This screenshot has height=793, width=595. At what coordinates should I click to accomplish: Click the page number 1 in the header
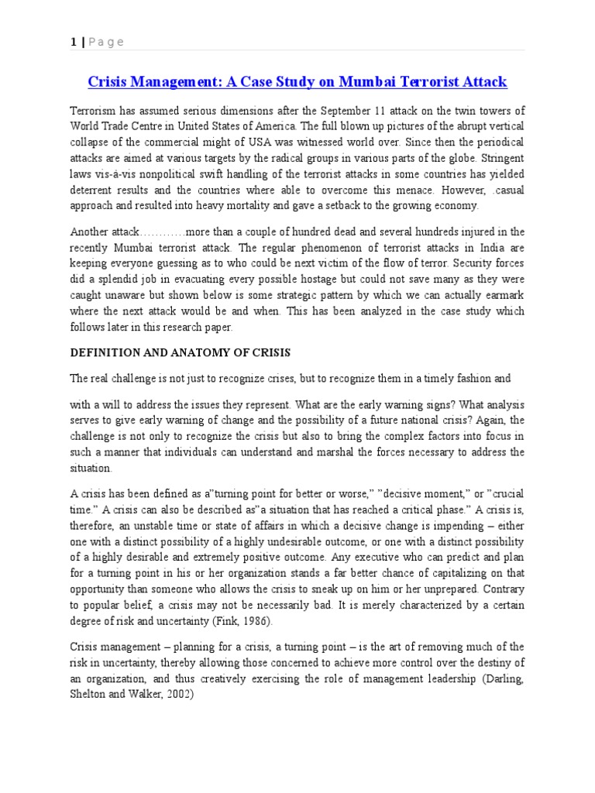pos(73,42)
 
